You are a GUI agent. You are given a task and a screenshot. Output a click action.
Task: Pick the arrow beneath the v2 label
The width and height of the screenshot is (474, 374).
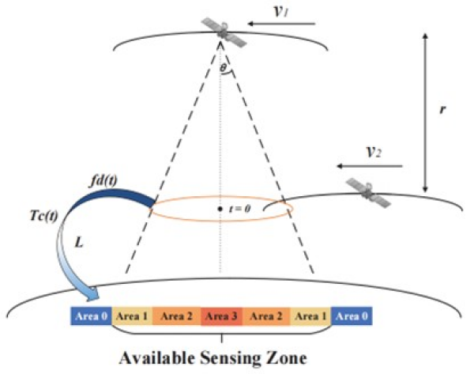pyautogui.click(x=369, y=167)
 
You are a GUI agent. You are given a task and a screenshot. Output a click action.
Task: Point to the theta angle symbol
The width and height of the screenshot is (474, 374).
pyautogui.click(x=224, y=70)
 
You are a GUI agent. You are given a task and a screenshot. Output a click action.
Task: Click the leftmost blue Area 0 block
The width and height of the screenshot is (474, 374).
pyautogui.click(x=91, y=316)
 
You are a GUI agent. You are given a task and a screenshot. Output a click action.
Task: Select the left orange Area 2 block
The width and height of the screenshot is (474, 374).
pyautogui.click(x=178, y=316)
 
